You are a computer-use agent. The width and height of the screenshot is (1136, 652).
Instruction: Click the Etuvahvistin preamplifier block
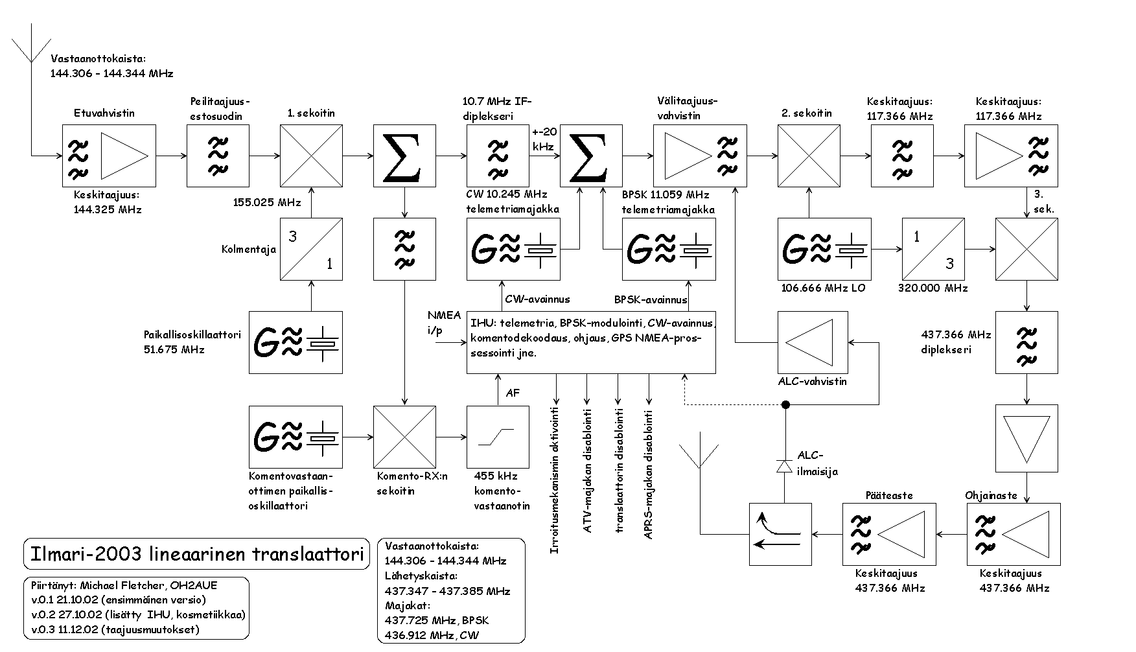pyautogui.click(x=109, y=156)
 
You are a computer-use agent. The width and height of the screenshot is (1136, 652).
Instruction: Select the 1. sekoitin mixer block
pyautogui.click(x=311, y=156)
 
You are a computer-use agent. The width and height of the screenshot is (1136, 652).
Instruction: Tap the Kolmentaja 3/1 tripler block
pyautogui.click(x=311, y=249)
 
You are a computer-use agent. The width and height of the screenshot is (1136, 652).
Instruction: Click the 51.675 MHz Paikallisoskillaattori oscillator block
pyautogui.click(x=296, y=342)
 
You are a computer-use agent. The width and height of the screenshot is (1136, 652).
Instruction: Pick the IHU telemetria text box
pyautogui.click(x=591, y=342)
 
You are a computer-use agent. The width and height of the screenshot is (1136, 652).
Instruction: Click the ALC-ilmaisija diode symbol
pyautogui.click(x=785, y=465)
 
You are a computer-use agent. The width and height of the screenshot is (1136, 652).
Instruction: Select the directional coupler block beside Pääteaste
pyautogui.click(x=780, y=534)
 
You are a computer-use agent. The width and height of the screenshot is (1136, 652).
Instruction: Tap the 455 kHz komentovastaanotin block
pyautogui.click(x=498, y=436)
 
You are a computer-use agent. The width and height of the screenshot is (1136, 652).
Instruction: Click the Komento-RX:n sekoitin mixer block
pyautogui.click(x=404, y=436)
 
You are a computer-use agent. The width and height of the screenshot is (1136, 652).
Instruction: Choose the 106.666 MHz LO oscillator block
pyautogui.click(x=824, y=249)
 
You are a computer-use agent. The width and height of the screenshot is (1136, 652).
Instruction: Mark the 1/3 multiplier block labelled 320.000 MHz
pyautogui.click(x=933, y=249)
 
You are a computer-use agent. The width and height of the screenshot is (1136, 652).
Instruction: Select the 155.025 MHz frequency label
pyautogui.click(x=267, y=202)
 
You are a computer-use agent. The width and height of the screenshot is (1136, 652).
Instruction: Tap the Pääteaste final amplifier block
pyautogui.click(x=874, y=534)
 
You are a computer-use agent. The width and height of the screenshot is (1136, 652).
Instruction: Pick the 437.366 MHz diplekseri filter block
pyautogui.click(x=1026, y=342)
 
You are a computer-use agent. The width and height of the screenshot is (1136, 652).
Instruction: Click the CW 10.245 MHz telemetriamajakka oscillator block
pyautogui.click(x=513, y=249)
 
